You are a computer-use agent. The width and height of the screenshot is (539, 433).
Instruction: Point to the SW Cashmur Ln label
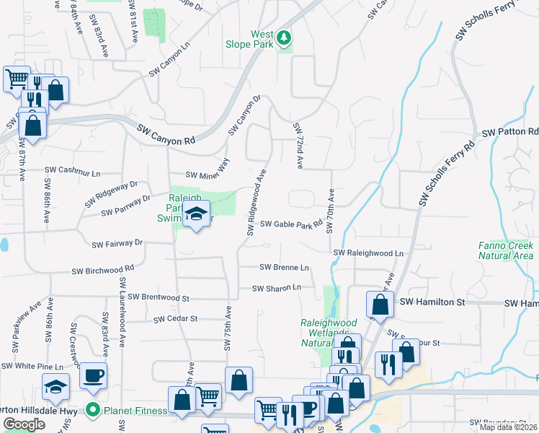point(72,170)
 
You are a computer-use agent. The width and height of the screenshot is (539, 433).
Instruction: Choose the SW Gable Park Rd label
point(291,224)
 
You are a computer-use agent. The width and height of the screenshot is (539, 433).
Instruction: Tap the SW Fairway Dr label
point(117,244)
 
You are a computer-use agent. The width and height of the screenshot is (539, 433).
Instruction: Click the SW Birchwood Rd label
point(102,271)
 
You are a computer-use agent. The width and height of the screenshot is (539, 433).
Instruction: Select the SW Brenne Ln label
point(284,267)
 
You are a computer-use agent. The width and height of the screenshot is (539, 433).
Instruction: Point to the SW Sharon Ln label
point(276,288)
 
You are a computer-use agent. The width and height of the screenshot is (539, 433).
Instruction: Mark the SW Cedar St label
point(176,318)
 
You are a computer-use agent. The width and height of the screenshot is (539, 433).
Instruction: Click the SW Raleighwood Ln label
point(367,253)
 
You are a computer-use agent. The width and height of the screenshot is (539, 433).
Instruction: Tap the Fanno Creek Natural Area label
point(506,250)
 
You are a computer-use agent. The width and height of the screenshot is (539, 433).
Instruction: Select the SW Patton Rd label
point(510,133)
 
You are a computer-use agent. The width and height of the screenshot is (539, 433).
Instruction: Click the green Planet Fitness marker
point(92,411)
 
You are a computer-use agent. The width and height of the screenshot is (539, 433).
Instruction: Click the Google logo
point(24,424)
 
